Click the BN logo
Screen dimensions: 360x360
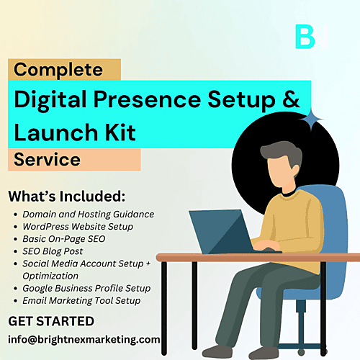[312, 37]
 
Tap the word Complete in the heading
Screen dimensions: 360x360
[58, 70]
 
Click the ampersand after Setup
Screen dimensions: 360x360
[291, 99]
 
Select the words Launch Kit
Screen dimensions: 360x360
[75, 132]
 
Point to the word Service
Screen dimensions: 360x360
[47, 160]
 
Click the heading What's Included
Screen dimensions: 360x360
[67, 197]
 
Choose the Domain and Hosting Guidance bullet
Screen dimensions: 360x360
[89, 215]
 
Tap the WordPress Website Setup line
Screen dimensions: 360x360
[78, 227]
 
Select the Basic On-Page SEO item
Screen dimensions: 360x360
[64, 239]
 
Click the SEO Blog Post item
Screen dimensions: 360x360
[53, 251]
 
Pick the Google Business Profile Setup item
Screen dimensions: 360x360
[86, 288]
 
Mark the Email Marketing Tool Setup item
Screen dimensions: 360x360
[81, 301]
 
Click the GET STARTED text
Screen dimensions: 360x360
[51, 321]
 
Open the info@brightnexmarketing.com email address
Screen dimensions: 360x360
[84, 340]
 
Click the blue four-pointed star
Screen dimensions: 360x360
[311, 120]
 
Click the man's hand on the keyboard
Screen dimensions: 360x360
[266, 246]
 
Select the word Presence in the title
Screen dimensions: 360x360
[147, 99]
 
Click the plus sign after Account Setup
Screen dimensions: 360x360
[148, 264]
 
